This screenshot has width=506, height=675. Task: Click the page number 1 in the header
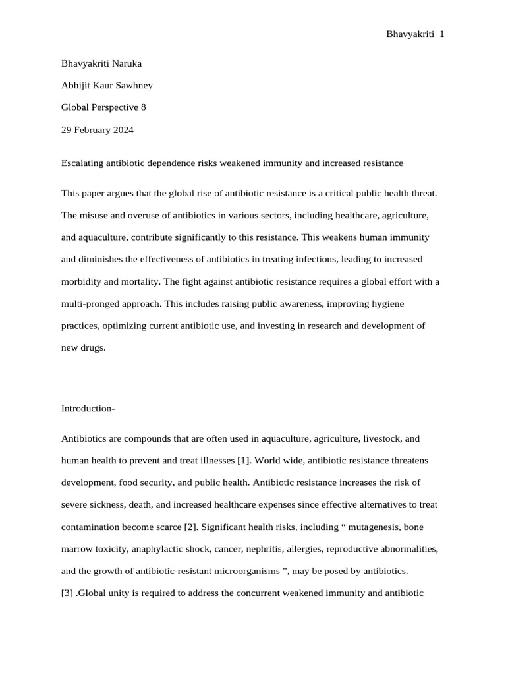tap(441, 34)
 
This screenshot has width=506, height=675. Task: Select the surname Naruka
tap(125, 63)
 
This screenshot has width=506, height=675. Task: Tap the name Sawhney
tap(134, 85)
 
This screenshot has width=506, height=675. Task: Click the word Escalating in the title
tap(82, 163)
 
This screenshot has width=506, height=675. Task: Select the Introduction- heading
tap(88, 409)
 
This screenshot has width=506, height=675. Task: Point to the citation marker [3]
tap(67, 593)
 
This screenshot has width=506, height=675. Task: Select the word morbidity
tap(82, 281)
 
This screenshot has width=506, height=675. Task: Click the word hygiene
tap(388, 304)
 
